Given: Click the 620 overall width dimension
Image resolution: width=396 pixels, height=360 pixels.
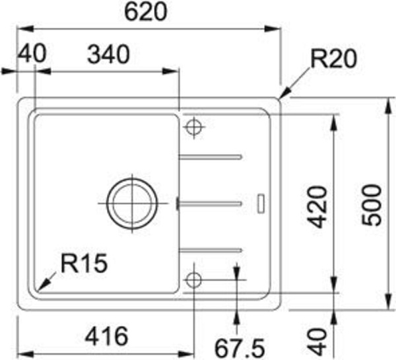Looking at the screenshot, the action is (x=146, y=12).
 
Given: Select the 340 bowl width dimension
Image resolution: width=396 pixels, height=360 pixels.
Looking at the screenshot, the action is (x=108, y=54).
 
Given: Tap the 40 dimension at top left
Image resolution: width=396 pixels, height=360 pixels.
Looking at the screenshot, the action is (x=32, y=54).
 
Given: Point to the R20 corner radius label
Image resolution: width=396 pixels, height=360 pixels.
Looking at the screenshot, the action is (x=333, y=59).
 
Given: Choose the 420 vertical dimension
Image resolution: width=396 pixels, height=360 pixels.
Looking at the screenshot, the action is (x=317, y=207).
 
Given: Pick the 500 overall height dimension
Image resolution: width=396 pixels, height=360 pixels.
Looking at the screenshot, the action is (x=371, y=205).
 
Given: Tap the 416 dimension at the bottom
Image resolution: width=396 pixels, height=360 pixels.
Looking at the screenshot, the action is (x=106, y=337).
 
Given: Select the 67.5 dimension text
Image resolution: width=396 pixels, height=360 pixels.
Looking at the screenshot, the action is (x=239, y=348).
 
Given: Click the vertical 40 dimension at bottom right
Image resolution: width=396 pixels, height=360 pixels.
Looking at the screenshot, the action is (x=317, y=342).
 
